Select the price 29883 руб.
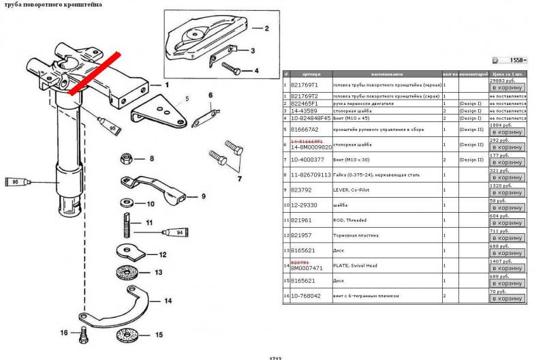(503, 80)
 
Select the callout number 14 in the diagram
(167, 300)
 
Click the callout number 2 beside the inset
(267, 29)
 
